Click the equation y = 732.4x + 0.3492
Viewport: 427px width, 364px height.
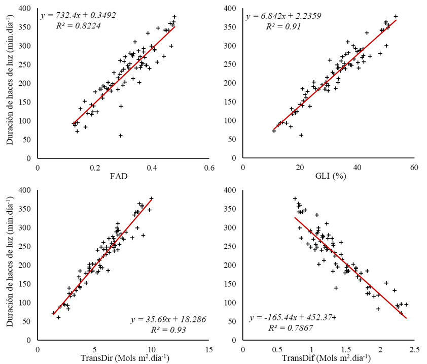coord(78,15)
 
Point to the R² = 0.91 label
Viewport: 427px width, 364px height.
coord(283,26)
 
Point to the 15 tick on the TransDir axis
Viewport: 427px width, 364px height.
coord(208,349)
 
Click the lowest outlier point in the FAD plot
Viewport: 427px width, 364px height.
coord(121,136)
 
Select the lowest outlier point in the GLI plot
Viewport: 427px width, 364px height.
coord(301,135)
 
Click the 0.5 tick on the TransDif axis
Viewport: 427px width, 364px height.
coord(277,349)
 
